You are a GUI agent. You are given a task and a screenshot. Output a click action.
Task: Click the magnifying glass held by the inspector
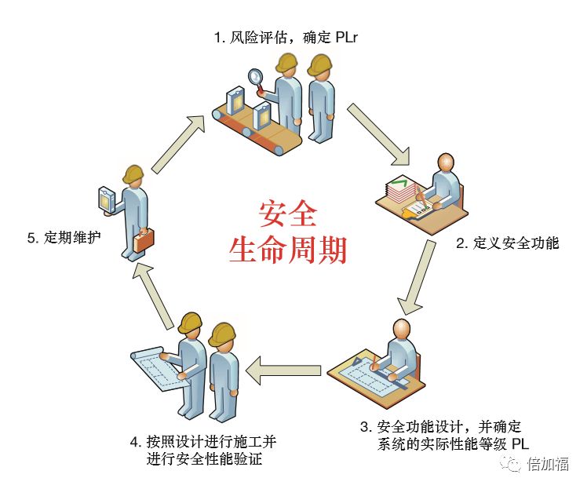click(256, 77)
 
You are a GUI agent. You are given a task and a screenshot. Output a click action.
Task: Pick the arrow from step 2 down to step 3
click(417, 277)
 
